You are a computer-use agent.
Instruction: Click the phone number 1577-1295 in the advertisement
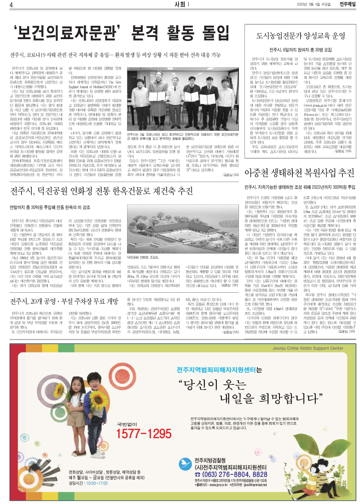tap(144, 421)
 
